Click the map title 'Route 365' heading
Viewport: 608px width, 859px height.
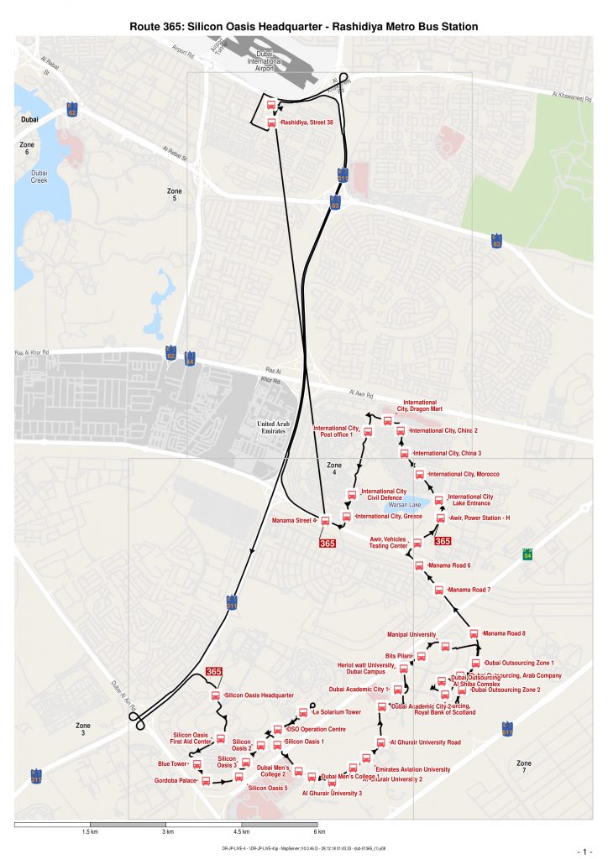(x=303, y=27)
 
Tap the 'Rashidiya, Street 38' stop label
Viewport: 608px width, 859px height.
(x=307, y=122)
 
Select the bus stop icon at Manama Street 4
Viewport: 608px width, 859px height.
(x=325, y=520)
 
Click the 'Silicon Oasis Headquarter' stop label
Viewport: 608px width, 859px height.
(x=259, y=695)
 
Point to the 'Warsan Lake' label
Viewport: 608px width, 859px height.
(x=404, y=505)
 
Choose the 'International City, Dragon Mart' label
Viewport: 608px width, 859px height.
(x=420, y=406)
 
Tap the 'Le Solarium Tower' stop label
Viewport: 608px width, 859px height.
(x=336, y=712)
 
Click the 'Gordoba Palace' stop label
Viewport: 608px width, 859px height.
(x=176, y=782)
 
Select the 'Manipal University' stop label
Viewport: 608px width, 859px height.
(x=411, y=634)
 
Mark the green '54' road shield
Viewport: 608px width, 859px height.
(x=527, y=555)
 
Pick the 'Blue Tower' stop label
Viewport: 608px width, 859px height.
(x=172, y=764)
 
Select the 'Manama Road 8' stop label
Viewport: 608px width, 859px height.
(x=505, y=633)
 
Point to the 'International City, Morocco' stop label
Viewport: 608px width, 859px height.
(x=464, y=474)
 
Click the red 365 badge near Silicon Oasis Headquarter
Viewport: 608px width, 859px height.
(x=214, y=672)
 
